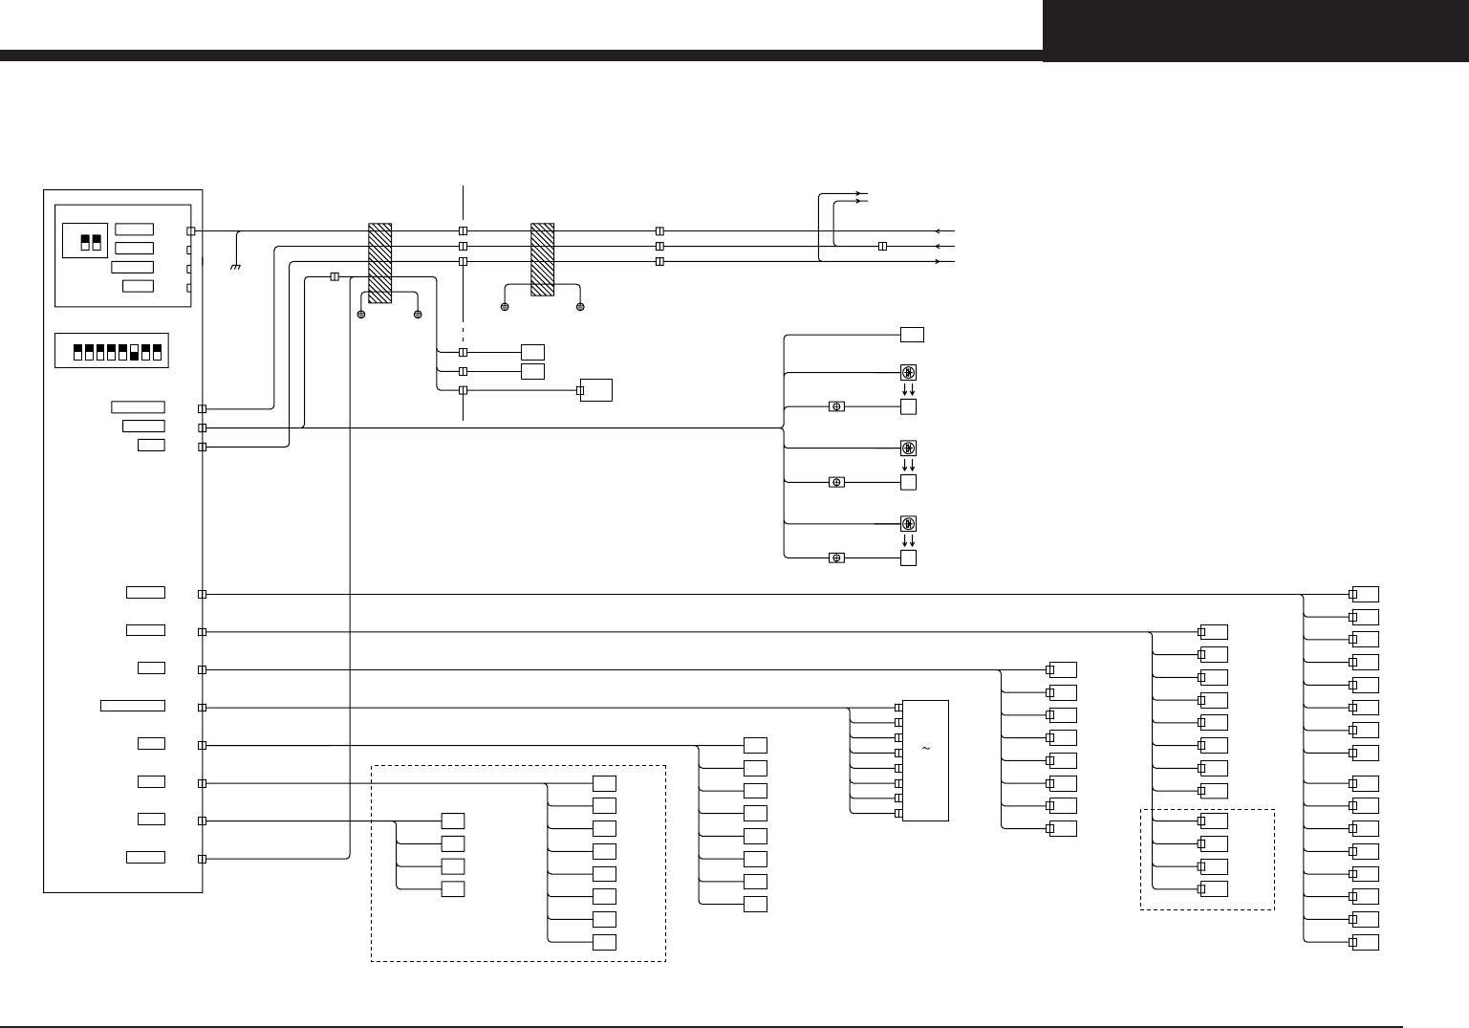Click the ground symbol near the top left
click(x=236, y=266)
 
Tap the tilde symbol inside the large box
click(x=926, y=748)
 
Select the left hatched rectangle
click(x=380, y=263)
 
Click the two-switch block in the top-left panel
click(x=92, y=241)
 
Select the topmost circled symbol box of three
click(x=909, y=372)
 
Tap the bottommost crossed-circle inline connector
click(x=836, y=558)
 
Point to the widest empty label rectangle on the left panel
click(x=133, y=706)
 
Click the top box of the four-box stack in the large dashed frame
click(x=453, y=820)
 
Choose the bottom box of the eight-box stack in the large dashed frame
click(x=604, y=943)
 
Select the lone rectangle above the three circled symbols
click(x=913, y=334)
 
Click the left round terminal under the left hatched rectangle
click(x=361, y=315)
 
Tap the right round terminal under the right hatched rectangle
click(x=580, y=307)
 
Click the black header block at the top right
click(x=1255, y=31)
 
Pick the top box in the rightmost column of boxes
click(x=1365, y=594)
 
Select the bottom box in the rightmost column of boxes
click(x=1365, y=943)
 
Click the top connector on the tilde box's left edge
click(x=898, y=708)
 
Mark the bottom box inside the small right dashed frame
click(x=1214, y=889)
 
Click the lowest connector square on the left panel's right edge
click(x=202, y=859)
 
